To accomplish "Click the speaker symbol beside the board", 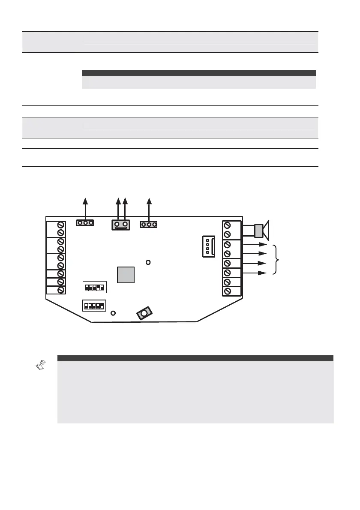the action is click(261, 230).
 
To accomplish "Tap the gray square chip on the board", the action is click(126, 275).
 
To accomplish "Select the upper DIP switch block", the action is click(93, 286).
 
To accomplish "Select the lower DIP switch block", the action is click(93, 306).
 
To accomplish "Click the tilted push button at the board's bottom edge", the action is click(144, 314).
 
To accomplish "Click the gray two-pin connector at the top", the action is click(121, 224).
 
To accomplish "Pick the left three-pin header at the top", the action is click(85, 223).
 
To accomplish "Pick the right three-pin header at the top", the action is click(149, 224).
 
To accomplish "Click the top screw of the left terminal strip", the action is click(61, 225).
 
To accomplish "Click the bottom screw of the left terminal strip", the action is click(61, 290).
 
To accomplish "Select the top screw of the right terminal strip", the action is click(226, 225).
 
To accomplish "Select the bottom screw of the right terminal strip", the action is click(226, 291).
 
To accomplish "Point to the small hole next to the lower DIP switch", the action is click(113, 313).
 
